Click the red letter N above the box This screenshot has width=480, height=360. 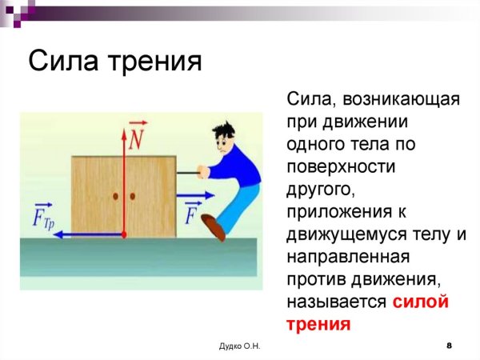(136, 141)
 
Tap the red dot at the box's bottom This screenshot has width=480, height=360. (125, 234)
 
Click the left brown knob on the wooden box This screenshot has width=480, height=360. (116, 195)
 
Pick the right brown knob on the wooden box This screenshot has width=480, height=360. (133, 195)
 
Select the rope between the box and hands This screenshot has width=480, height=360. (189, 170)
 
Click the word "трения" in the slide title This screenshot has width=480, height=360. (155, 62)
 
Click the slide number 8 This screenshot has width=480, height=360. (449, 345)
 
